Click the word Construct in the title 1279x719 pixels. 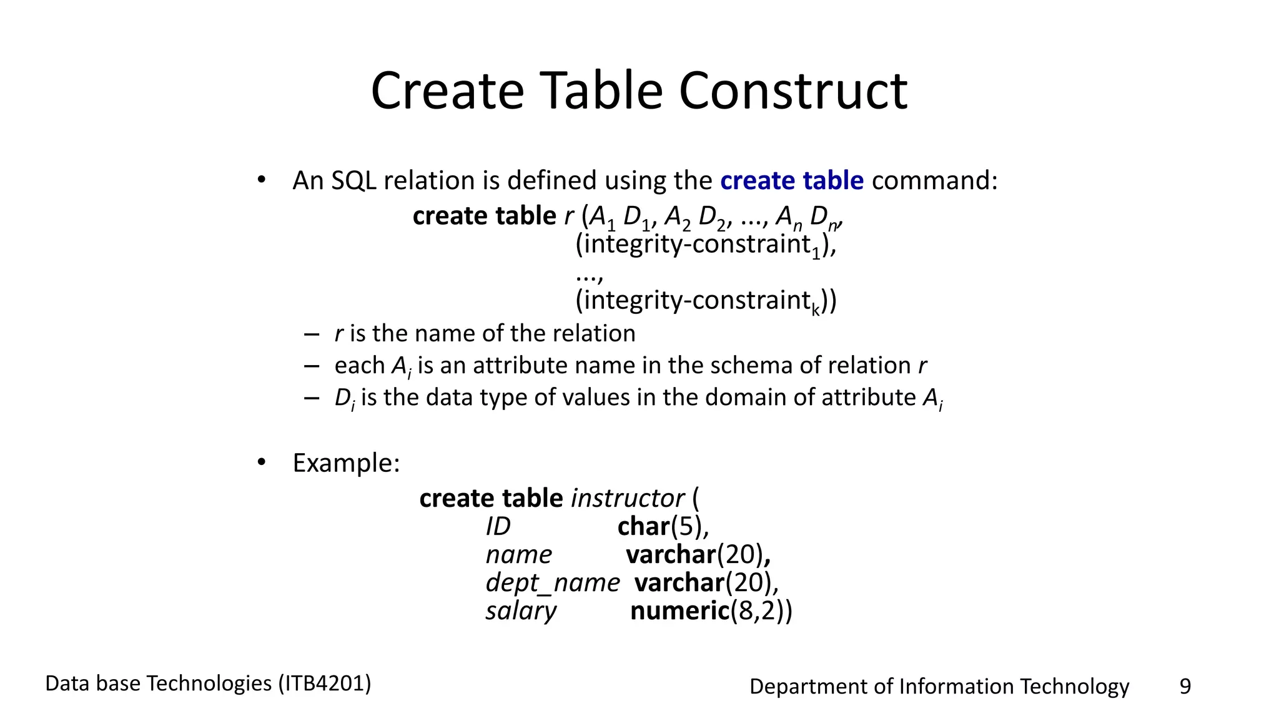(x=793, y=91)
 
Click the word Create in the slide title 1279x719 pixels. (x=447, y=91)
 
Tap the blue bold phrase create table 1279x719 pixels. (x=791, y=181)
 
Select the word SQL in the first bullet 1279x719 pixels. (x=353, y=181)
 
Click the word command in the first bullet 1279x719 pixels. (x=934, y=181)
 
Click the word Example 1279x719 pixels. (x=345, y=463)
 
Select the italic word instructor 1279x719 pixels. (x=627, y=499)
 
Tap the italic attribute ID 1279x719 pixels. (x=498, y=527)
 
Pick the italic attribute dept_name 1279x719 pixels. (x=552, y=583)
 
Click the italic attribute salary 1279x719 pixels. (x=521, y=611)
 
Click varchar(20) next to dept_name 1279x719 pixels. (x=706, y=583)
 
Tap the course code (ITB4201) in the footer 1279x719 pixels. (x=325, y=683)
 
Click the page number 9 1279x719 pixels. (x=1185, y=687)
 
